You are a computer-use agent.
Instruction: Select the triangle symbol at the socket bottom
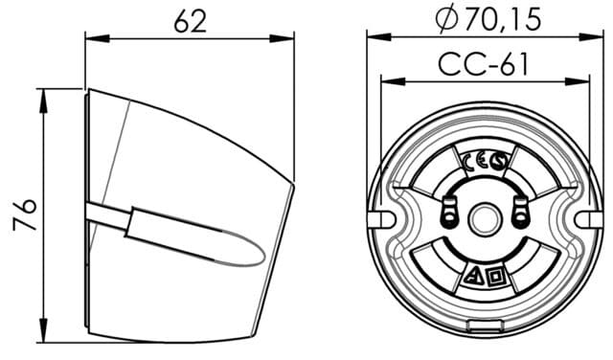click(x=474, y=279)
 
